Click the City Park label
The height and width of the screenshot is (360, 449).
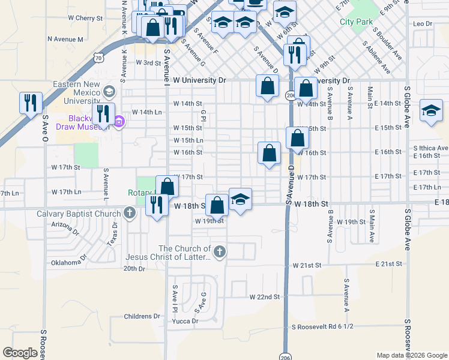click(356, 22)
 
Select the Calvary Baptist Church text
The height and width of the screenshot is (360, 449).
click(79, 213)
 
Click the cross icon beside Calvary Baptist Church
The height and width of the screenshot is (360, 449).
click(130, 213)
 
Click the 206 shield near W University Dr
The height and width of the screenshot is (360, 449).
click(290, 95)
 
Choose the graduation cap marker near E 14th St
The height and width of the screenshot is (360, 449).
click(431, 111)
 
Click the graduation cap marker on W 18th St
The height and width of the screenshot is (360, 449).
click(240, 199)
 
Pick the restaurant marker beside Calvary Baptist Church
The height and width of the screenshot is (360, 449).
click(157, 206)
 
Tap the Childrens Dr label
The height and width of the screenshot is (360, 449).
click(142, 316)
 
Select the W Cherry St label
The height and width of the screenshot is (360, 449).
click(86, 19)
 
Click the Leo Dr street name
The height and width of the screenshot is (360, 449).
click(423, 23)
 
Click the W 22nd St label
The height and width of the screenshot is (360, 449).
click(265, 297)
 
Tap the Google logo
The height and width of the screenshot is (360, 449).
click(20, 353)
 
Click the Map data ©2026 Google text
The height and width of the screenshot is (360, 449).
click(411, 355)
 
